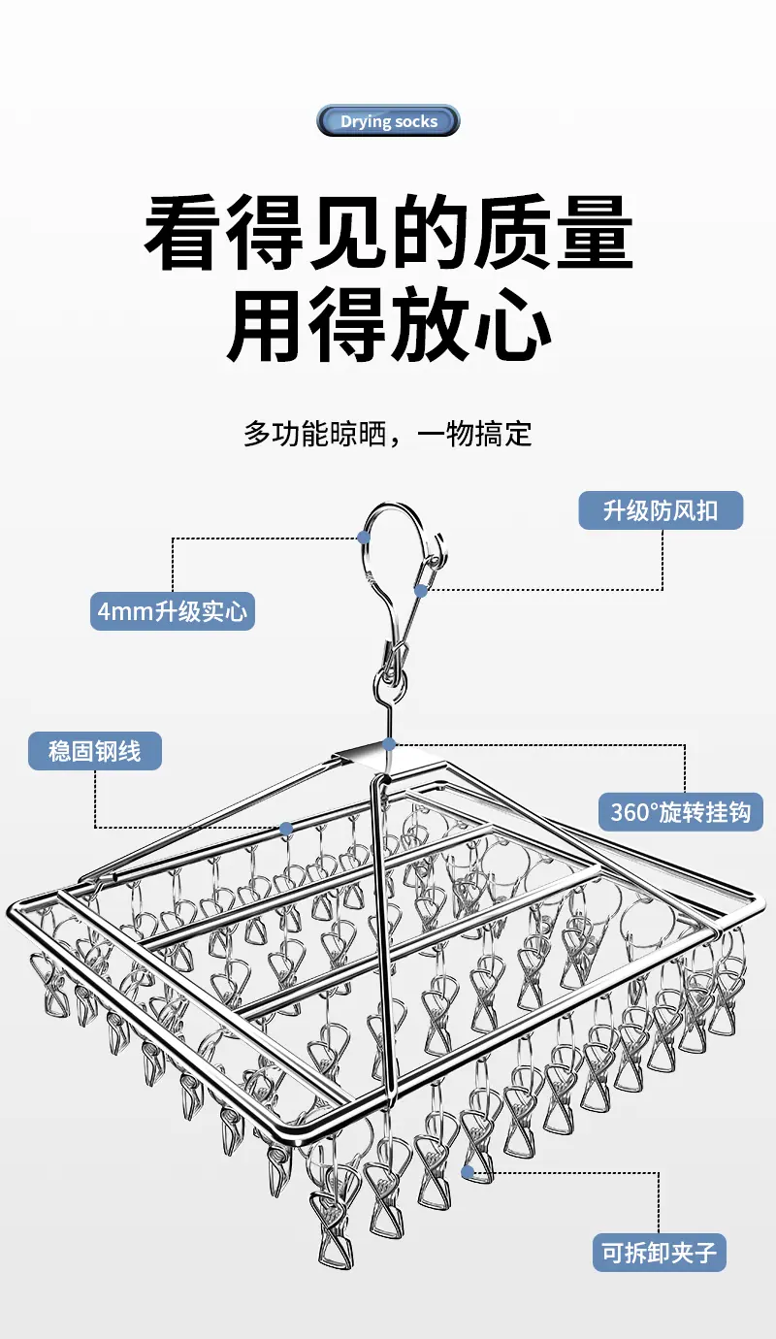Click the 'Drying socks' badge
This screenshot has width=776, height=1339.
click(x=388, y=120)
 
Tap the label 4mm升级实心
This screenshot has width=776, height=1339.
click(x=173, y=611)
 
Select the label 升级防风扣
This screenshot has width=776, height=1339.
click(x=661, y=510)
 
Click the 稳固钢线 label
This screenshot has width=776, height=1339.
click(x=95, y=751)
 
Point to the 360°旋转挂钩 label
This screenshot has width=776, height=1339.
click(x=681, y=812)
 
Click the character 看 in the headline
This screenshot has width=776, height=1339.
click(x=181, y=233)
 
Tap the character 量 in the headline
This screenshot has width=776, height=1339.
click(x=595, y=233)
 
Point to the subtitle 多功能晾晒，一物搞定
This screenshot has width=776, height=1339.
click(x=388, y=434)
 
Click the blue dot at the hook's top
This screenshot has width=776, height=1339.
click(x=363, y=537)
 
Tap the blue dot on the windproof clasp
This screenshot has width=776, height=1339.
click(x=421, y=591)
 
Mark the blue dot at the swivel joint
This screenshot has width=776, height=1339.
click(x=390, y=744)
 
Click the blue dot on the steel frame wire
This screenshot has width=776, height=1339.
click(x=286, y=829)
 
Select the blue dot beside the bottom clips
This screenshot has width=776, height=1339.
click(x=468, y=1172)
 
